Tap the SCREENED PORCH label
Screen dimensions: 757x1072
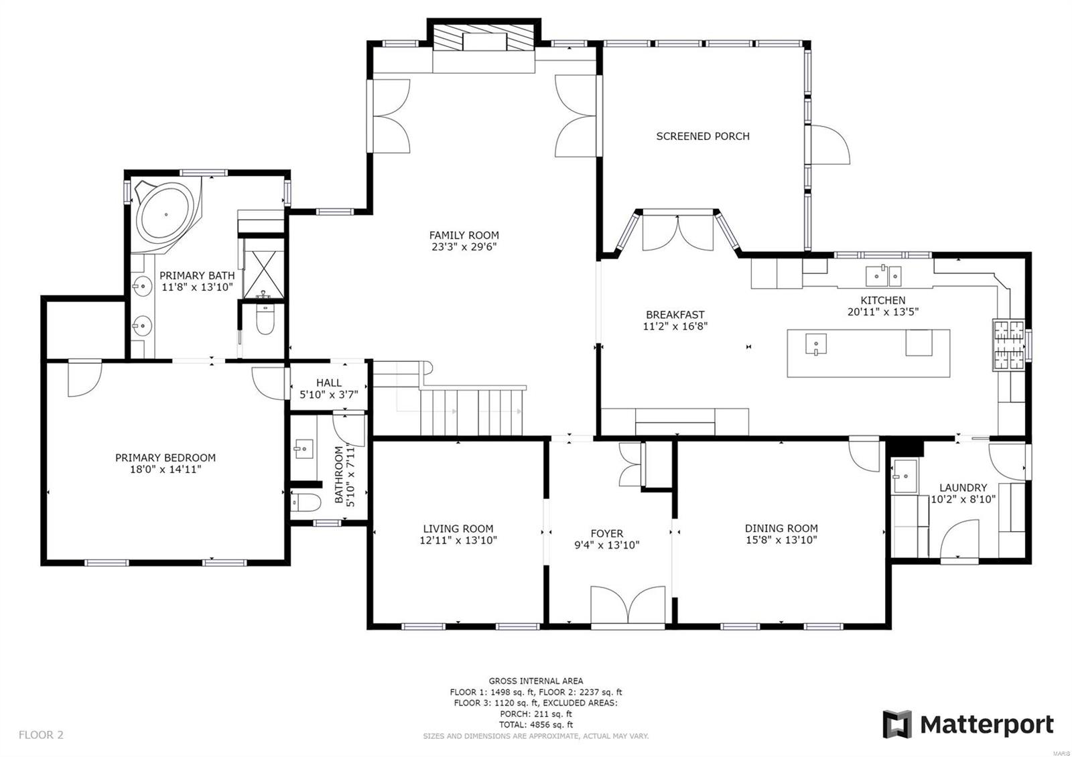click(702, 136)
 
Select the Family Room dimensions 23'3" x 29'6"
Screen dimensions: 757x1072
click(464, 247)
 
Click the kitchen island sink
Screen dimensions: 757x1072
click(816, 344)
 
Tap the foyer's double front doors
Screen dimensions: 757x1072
click(628, 606)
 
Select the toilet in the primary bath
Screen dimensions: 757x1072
click(265, 322)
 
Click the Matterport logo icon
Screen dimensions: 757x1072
click(897, 724)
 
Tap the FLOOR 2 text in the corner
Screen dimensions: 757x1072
click(41, 735)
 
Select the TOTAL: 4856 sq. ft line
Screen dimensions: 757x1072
click(535, 725)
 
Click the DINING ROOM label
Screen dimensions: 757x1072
click(781, 528)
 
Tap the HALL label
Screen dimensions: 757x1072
click(328, 383)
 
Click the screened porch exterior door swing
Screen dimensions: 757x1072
click(831, 144)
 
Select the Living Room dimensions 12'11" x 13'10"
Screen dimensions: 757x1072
click(458, 540)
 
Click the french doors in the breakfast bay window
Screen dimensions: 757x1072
click(677, 233)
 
